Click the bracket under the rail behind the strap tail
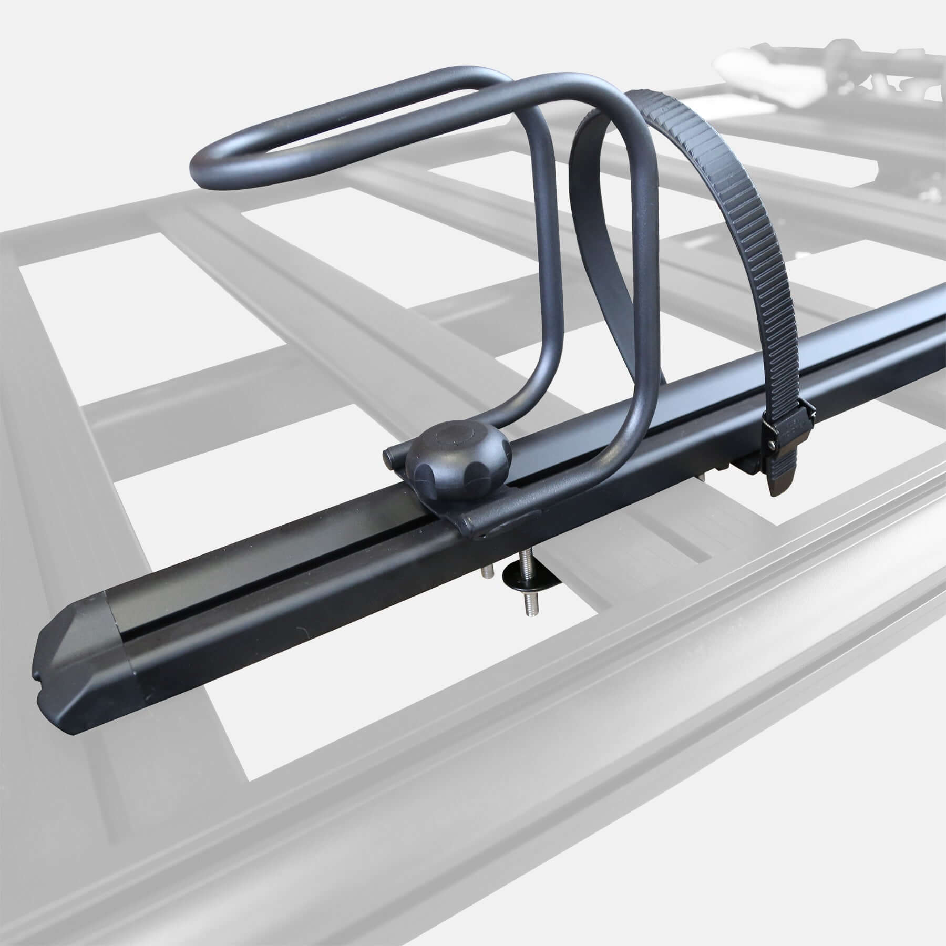coord(746,462)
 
